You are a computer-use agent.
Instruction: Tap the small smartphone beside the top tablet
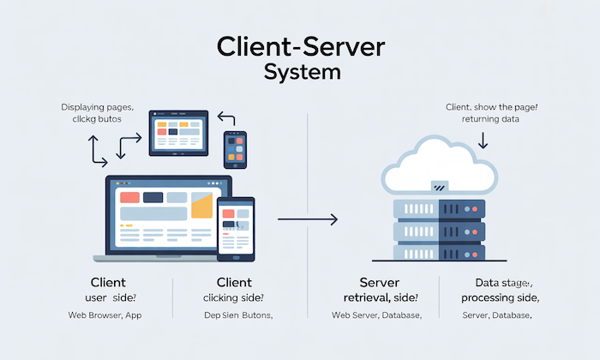(x=235, y=149)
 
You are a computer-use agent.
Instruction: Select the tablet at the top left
(x=179, y=132)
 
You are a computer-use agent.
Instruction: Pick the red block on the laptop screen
(x=130, y=198)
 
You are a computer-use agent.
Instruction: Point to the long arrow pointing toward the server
(x=308, y=220)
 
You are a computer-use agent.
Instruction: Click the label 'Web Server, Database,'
(x=377, y=316)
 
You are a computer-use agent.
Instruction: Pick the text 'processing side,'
(x=500, y=297)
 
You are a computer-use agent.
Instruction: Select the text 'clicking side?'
(x=233, y=297)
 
